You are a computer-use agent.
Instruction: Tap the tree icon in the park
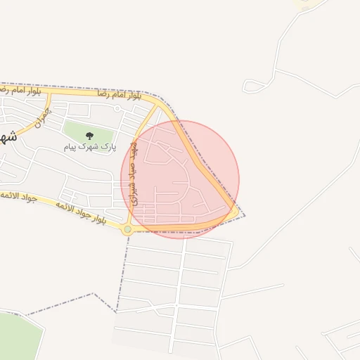tap(89, 135)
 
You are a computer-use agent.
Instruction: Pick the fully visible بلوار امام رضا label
tap(117, 94)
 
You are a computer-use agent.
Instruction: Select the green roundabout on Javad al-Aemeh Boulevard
tap(127, 229)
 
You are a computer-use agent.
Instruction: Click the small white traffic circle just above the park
tap(117, 109)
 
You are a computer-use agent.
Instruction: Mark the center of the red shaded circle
tap(180, 179)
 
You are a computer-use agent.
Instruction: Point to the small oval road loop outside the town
tap(252, 86)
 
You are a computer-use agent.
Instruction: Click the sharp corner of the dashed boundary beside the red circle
tap(245, 215)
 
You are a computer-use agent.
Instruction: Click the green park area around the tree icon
tap(77, 132)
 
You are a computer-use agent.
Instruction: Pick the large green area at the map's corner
tap(18, 337)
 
